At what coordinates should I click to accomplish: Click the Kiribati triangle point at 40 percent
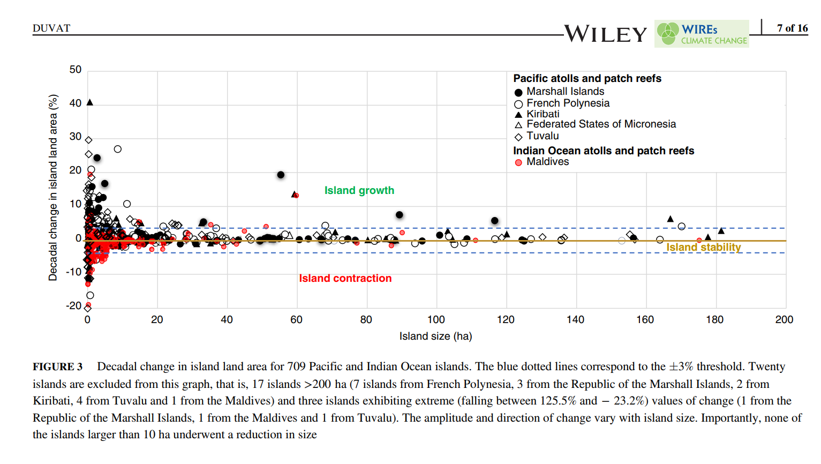[x=90, y=102]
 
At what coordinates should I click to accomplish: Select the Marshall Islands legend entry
[x=564, y=92]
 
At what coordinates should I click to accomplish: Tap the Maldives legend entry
[x=547, y=162]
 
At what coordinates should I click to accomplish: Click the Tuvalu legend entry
[x=542, y=136]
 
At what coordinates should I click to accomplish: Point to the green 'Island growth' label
[x=359, y=190]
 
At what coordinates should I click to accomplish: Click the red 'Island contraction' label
[x=345, y=278]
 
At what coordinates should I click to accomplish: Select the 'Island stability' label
[x=703, y=247]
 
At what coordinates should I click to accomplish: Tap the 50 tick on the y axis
[x=76, y=70]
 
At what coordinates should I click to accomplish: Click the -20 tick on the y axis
[x=74, y=306]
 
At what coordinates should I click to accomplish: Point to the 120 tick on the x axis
[x=506, y=320]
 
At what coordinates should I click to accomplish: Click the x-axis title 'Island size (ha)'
[x=435, y=336]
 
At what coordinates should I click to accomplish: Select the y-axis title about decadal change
[x=52, y=188]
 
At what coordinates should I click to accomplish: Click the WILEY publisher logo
[x=606, y=34]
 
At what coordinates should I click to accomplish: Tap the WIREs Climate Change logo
[x=702, y=34]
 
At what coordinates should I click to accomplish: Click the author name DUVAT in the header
[x=51, y=28]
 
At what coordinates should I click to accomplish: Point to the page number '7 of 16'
[x=792, y=28]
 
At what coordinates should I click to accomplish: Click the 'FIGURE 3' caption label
[x=57, y=366]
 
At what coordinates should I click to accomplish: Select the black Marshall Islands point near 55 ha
[x=281, y=175]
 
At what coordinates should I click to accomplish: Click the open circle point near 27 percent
[x=118, y=149]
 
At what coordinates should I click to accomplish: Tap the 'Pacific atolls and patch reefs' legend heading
[x=587, y=78]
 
